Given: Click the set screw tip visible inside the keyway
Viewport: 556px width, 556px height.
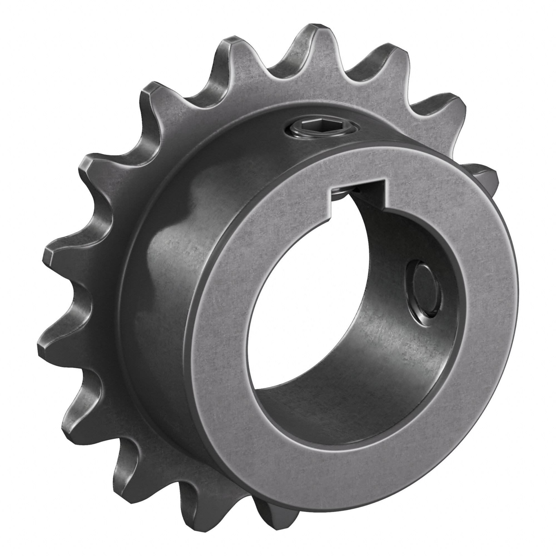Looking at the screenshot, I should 342,193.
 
